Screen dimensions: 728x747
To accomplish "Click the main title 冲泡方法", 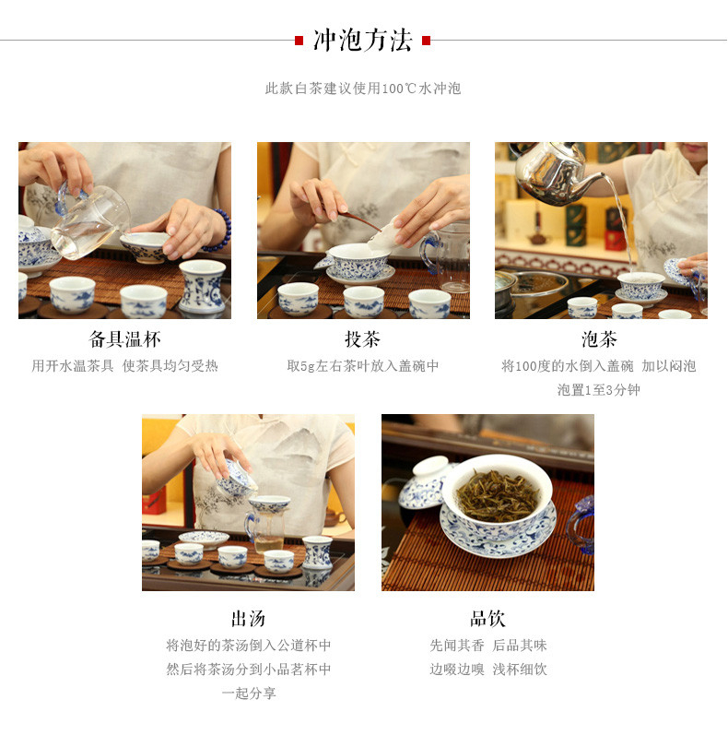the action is (x=362, y=40).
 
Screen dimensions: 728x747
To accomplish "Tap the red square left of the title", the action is (x=299, y=41).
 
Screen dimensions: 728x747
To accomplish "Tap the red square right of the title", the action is (x=426, y=41).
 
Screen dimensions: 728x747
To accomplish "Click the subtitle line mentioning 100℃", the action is (x=363, y=89).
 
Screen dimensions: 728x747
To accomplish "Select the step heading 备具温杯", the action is (x=124, y=339).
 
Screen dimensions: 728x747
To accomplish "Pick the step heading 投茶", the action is (x=363, y=339).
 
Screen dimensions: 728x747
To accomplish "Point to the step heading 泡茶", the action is (x=599, y=339).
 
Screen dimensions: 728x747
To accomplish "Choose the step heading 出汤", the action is (x=248, y=619).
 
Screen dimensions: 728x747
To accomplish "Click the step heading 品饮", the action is (x=487, y=619).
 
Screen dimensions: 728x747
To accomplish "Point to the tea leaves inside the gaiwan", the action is (x=497, y=495).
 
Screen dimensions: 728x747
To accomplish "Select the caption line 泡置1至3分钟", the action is (x=598, y=390).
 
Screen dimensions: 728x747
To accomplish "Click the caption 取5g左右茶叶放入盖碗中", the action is (x=363, y=366).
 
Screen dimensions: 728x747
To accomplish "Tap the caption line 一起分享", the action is (x=249, y=693).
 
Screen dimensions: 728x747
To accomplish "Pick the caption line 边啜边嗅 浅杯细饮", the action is (x=488, y=669).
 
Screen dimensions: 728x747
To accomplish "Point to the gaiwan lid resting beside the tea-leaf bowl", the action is (x=424, y=482).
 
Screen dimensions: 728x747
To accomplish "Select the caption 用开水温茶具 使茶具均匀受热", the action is (x=124, y=366).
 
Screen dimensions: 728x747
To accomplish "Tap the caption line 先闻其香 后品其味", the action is (x=488, y=645).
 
